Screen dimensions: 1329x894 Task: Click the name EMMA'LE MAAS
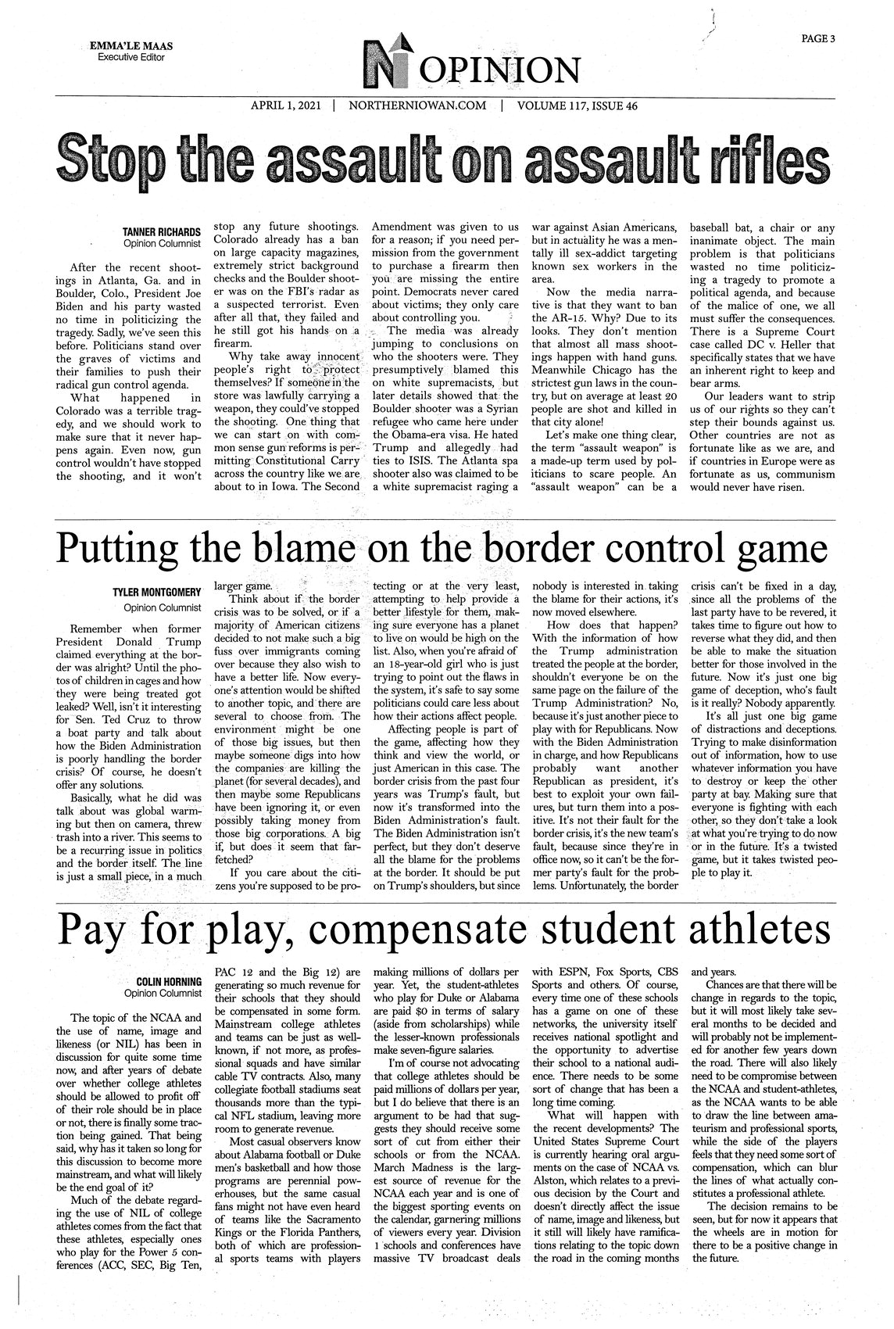point(132,46)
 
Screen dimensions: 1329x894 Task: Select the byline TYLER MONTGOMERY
point(158,592)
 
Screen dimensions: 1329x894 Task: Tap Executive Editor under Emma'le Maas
point(131,58)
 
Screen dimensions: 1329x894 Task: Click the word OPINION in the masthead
point(501,73)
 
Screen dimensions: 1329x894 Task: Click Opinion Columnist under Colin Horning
point(163,993)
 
